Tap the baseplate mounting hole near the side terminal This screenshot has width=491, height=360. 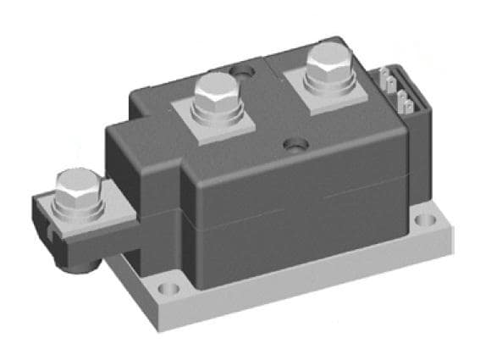tap(169, 290)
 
